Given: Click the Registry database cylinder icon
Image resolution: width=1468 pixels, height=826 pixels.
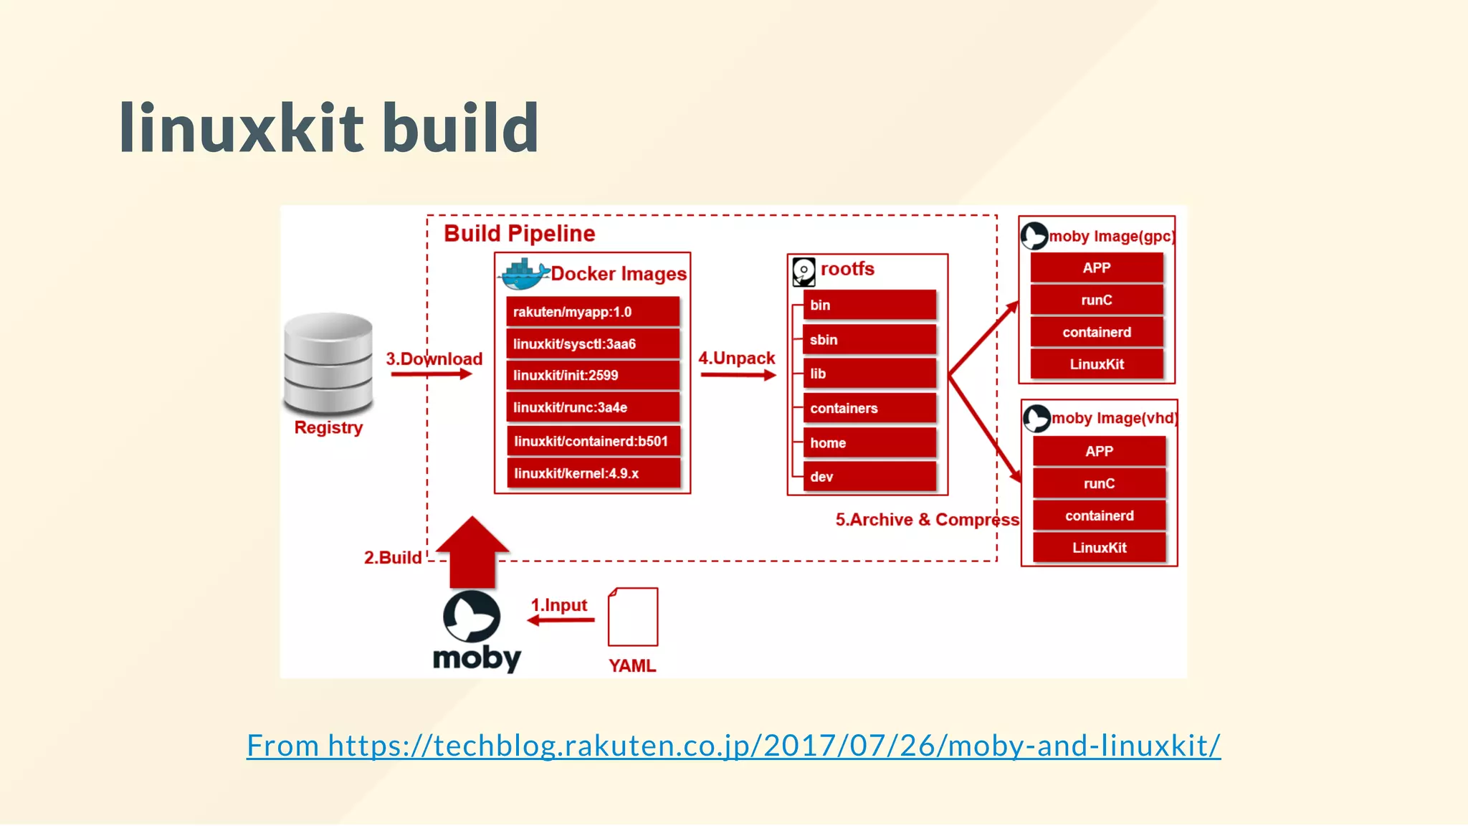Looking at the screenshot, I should [328, 363].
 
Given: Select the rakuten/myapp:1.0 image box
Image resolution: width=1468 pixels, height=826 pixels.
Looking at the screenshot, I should [593, 312].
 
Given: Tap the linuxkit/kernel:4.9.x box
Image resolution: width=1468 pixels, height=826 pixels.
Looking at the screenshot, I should [593, 473].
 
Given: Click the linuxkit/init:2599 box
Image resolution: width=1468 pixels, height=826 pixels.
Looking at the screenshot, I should [593, 375].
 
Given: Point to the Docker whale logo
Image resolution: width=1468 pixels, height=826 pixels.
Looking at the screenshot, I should [523, 273].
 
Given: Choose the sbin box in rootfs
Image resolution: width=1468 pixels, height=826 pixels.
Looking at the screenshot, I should [869, 340].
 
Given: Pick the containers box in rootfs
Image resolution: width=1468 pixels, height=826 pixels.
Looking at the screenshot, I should [869, 408].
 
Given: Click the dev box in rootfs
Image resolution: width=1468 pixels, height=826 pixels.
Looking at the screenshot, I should [869, 477].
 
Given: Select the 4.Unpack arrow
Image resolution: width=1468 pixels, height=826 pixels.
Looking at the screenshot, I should [738, 375].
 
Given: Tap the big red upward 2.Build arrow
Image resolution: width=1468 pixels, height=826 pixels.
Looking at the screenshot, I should [472, 551].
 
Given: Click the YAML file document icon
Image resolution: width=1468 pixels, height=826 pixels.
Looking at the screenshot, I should [633, 617].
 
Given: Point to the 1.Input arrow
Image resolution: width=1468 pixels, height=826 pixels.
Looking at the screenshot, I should [561, 619].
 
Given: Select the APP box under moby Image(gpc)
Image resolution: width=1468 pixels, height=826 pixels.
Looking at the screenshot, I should [1097, 268].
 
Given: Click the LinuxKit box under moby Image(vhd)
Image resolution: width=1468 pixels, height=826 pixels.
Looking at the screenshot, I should [1099, 548].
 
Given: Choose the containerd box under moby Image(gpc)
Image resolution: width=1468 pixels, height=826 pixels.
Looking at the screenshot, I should [1097, 332].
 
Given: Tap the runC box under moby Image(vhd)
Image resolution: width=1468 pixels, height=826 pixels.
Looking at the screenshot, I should [1099, 483].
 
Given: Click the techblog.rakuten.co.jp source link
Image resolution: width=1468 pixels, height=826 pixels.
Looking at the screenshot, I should [733, 746].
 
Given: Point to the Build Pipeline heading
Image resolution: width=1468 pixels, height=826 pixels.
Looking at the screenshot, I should [520, 234].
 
